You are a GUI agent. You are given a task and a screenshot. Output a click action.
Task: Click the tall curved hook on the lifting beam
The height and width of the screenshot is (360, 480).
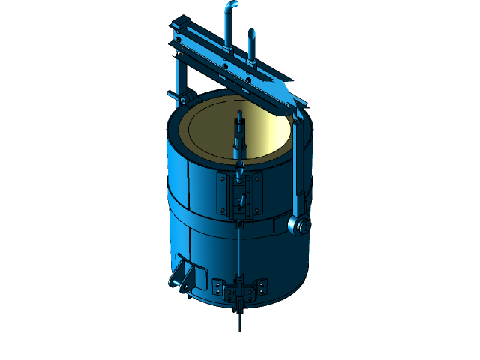coord(228,22)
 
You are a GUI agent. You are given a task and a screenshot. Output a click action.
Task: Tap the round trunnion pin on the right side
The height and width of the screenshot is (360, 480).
coord(298,226)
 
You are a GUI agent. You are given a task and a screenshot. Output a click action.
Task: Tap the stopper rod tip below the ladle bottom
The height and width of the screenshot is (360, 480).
coord(240,322)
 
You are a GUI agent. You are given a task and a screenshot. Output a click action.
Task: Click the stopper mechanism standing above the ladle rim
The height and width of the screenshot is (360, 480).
coord(240,135)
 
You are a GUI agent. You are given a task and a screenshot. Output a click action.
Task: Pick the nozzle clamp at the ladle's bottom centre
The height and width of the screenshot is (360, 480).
coord(240,296)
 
